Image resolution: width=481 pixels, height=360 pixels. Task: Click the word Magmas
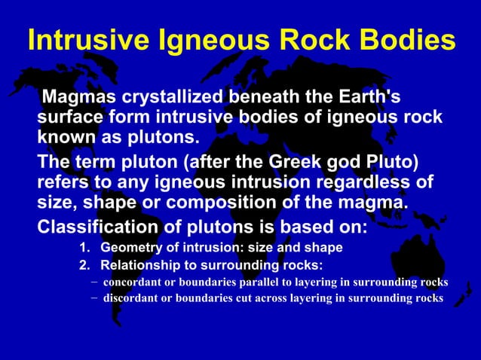[81, 97]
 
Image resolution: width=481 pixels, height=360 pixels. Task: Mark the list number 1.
[84, 248]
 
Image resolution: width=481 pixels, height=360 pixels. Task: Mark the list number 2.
[84, 265]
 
